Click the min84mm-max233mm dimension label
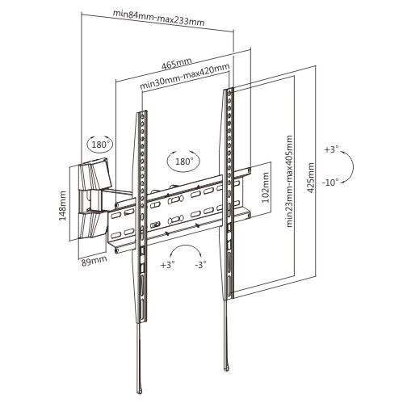[158, 18]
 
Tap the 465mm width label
[177, 64]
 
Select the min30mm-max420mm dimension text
[185, 77]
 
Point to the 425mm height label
[311, 178]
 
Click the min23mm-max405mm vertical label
[289, 181]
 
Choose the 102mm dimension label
[266, 187]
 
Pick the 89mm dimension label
[94, 261]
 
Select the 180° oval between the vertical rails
[184, 161]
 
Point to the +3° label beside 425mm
[331, 149]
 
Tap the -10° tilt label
[330, 183]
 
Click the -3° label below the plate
[200, 264]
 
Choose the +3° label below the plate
[168, 265]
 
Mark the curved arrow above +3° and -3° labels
[186, 246]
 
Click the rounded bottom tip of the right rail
[227, 367]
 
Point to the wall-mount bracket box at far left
[93, 199]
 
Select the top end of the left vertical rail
[142, 111]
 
